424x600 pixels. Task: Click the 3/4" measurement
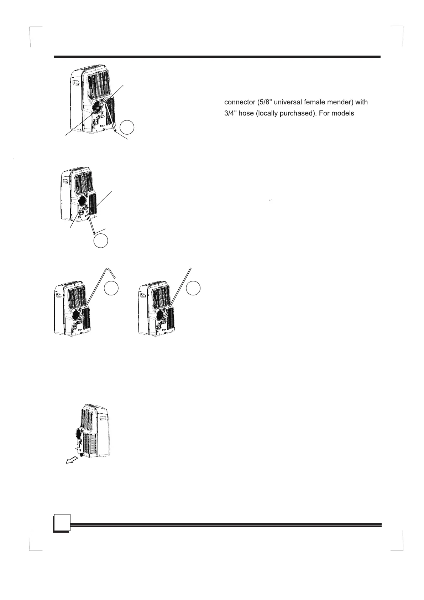(x=231, y=113)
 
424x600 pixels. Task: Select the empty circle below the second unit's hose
(x=101, y=240)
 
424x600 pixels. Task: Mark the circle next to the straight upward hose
(x=194, y=288)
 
